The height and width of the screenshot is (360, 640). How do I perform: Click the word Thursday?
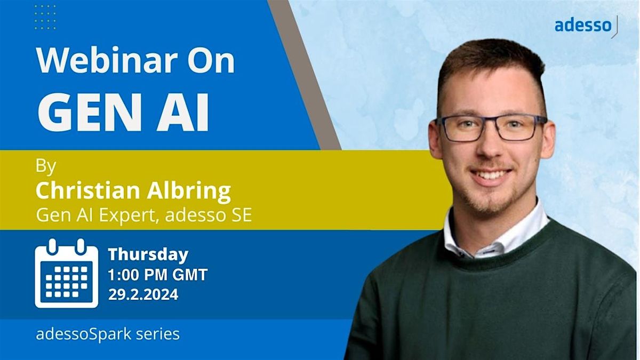click(x=148, y=255)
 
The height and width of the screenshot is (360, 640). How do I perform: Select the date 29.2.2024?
click(x=143, y=294)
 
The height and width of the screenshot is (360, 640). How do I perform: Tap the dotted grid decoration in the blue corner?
click(x=45, y=17)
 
